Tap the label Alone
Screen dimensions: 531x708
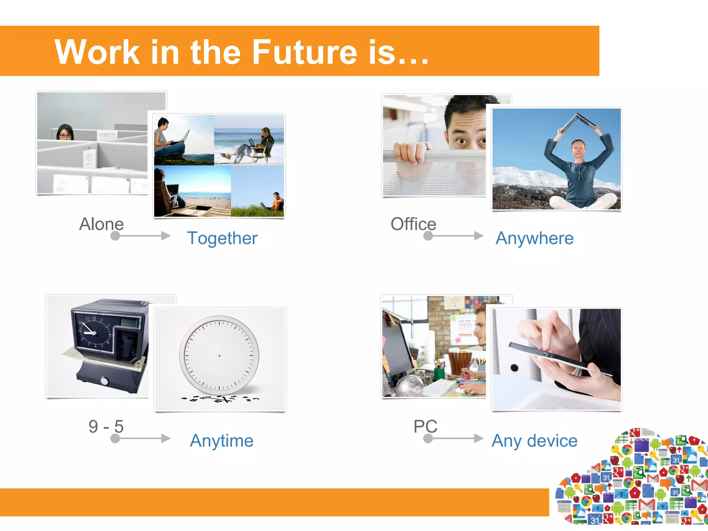[101, 224]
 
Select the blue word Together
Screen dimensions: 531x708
[222, 238]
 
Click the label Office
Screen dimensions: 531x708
[413, 224]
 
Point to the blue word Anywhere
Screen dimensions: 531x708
[534, 238]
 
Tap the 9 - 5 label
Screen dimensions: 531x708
[106, 426]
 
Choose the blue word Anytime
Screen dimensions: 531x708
[222, 441]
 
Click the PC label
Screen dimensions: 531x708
[425, 426]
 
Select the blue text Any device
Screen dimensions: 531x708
[534, 441]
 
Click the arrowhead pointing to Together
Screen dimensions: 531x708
[166, 236]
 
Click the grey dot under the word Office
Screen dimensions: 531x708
[428, 236]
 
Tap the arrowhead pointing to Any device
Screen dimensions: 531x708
[479, 438]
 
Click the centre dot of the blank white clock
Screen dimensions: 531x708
[220, 355]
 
